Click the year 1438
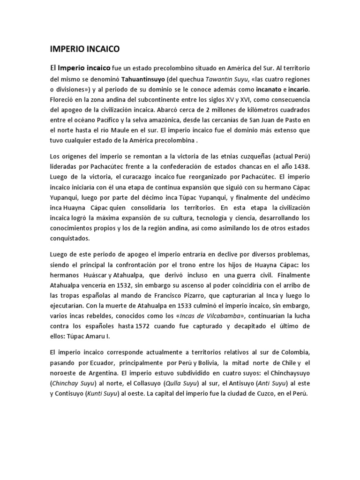[300, 166]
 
